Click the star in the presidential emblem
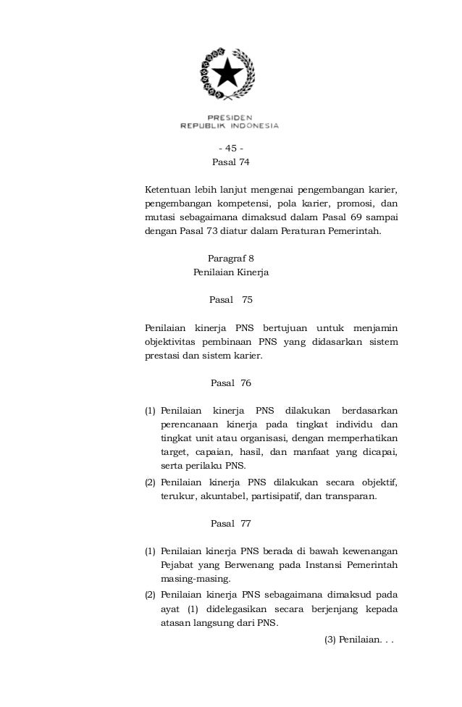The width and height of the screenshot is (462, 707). [230, 73]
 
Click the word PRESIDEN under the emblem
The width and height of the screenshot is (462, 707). [230, 116]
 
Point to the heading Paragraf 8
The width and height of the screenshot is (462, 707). [231, 258]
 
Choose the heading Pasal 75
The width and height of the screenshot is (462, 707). [230, 299]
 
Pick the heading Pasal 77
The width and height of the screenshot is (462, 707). [230, 522]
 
